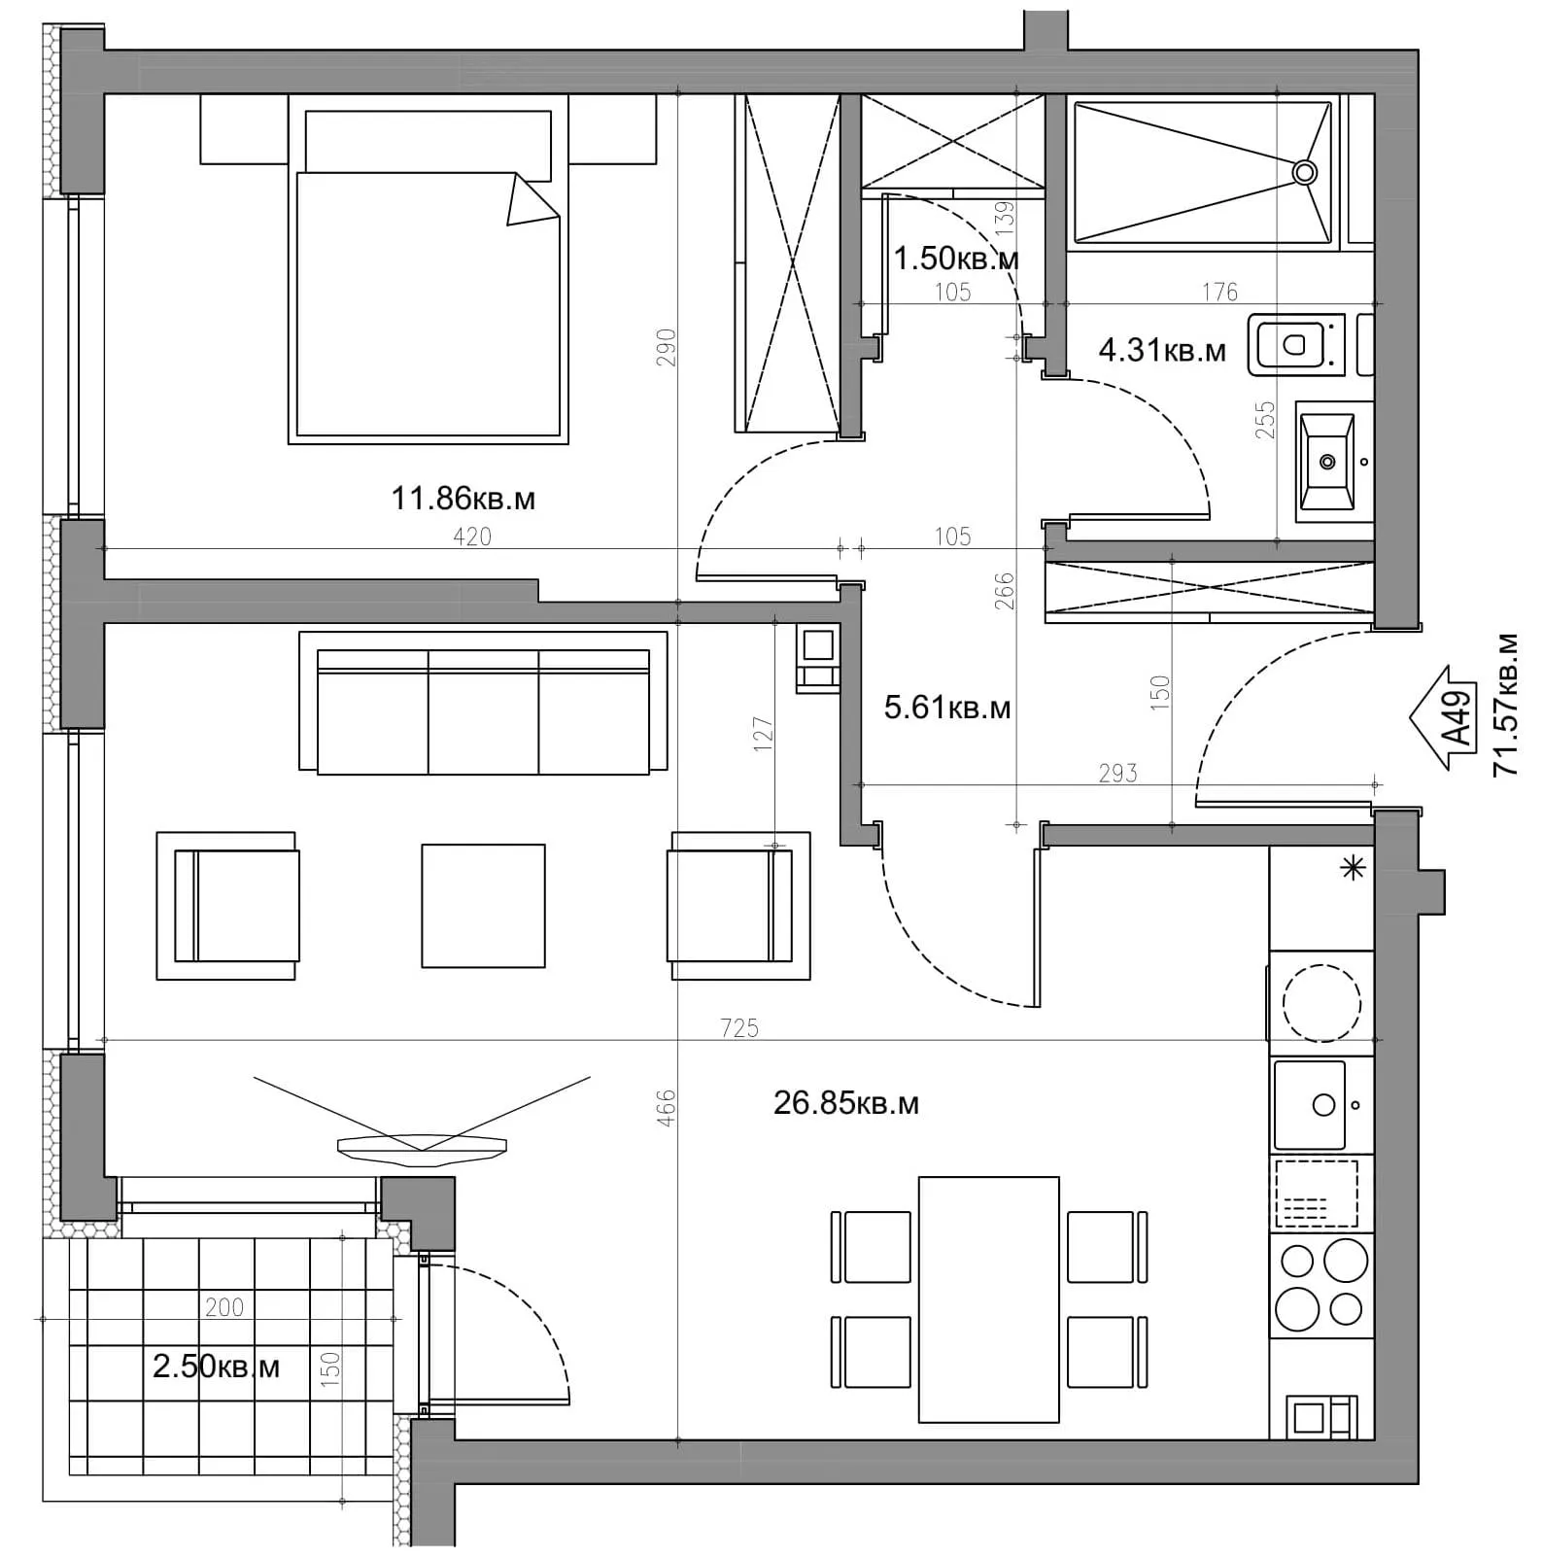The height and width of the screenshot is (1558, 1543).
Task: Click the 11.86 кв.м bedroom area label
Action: click(463, 499)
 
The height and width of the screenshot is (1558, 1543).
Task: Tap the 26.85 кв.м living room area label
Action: click(845, 1103)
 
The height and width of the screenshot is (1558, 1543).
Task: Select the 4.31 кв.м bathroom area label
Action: click(1162, 350)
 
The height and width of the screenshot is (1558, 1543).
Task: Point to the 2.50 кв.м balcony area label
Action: click(216, 1367)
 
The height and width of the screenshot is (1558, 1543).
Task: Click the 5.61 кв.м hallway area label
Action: click(947, 708)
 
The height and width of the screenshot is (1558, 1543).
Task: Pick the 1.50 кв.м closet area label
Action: click(956, 259)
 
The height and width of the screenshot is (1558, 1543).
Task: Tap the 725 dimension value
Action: click(739, 1027)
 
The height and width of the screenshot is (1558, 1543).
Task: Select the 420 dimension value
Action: click(472, 537)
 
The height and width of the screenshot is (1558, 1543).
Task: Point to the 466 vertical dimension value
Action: click(666, 1108)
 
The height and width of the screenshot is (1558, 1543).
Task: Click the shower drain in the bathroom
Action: click(1304, 173)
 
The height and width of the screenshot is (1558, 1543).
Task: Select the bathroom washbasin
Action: click(1326, 462)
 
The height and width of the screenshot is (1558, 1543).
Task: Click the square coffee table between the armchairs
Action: click(483, 906)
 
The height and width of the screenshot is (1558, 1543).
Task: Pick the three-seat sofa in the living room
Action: click(483, 703)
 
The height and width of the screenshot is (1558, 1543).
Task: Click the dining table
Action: click(989, 1299)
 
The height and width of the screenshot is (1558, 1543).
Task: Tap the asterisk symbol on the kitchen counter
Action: click(1353, 868)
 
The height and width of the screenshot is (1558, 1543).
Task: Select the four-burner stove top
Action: click(1321, 1285)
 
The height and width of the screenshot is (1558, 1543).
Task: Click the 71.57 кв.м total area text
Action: click(1506, 705)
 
